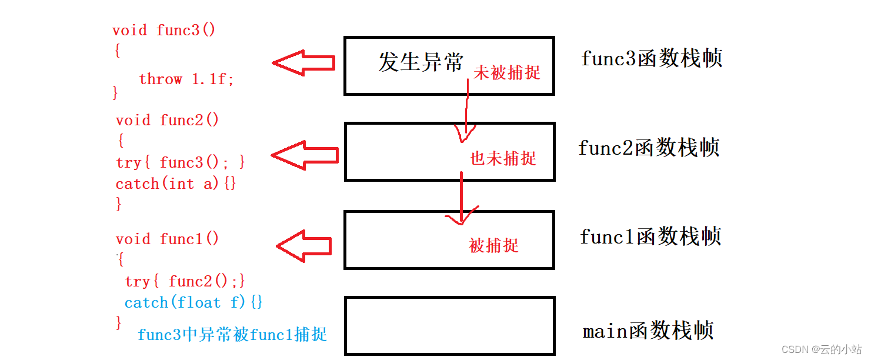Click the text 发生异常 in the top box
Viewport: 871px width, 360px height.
coord(421,62)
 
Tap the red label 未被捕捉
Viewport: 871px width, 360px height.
coord(507,72)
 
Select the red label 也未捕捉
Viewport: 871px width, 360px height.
coord(503,158)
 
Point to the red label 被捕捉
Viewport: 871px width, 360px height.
coord(494,245)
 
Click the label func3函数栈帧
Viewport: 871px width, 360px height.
coord(652,59)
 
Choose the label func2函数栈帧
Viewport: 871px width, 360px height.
coord(649,148)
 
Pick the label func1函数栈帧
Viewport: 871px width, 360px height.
coord(650,236)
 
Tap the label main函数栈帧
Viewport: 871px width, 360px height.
coord(648,331)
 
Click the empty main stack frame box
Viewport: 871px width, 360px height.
coord(449,325)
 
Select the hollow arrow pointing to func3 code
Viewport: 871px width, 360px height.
coord(303,63)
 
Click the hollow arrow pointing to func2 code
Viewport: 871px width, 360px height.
coord(305,155)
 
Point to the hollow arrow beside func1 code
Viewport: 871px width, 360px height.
coord(304,245)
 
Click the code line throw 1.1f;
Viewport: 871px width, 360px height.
coord(186,79)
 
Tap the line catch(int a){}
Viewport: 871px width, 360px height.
coord(176,184)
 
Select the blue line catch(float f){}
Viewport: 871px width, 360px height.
coord(193,303)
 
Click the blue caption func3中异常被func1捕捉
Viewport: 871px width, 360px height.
coord(232,335)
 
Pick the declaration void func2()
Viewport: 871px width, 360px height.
coord(167,121)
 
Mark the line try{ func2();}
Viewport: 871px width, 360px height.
coord(185,281)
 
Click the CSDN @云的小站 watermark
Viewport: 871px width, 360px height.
coord(822,349)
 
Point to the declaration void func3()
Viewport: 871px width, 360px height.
coord(164,31)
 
